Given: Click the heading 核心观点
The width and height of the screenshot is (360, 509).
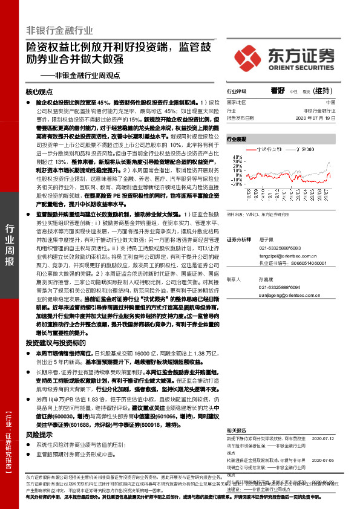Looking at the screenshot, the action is click(40, 91).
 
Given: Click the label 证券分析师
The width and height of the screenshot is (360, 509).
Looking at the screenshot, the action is click(238, 240).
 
